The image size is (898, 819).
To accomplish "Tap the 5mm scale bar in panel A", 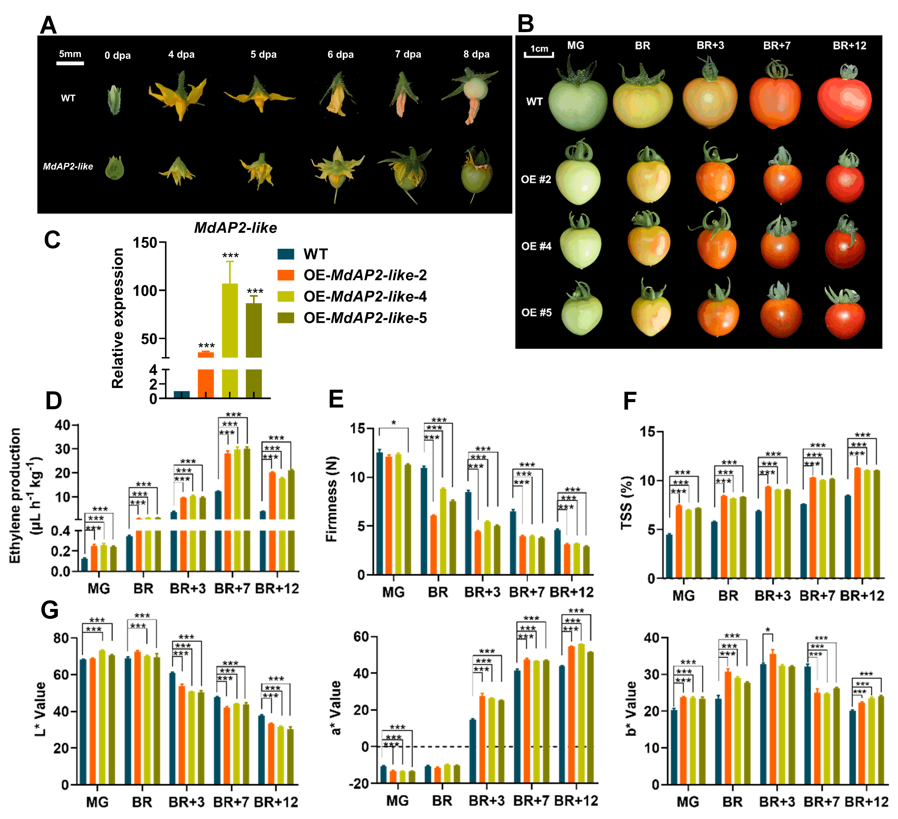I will [70, 63].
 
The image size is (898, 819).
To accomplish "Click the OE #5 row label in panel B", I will [536, 313].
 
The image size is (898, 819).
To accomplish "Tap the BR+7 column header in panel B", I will [777, 45].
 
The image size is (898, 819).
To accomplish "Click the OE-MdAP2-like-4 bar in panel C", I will [230, 338].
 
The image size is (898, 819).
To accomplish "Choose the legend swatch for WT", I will [286, 254].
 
